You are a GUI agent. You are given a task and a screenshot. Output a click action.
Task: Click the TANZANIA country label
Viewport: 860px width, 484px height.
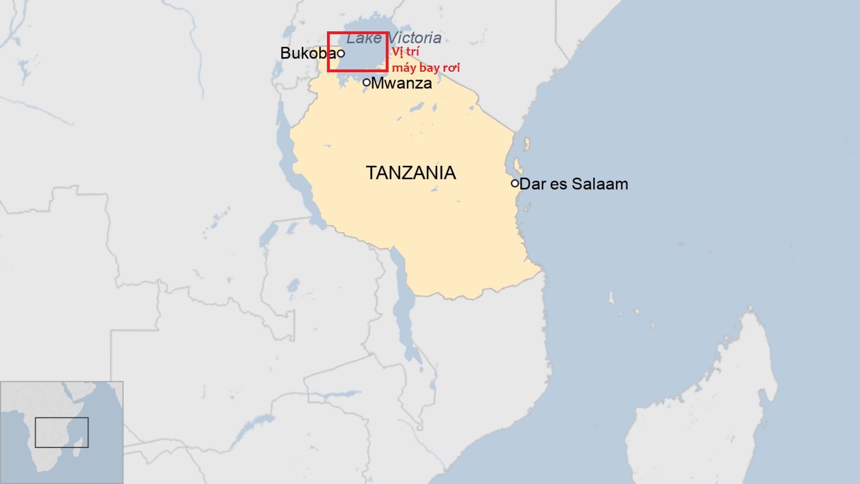pos(410,173)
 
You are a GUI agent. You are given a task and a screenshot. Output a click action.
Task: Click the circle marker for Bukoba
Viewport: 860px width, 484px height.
pos(340,54)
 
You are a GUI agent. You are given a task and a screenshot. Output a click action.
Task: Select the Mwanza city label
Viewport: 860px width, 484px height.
pos(401,83)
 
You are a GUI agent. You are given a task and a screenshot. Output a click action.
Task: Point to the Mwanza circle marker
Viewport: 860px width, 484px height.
pos(367,82)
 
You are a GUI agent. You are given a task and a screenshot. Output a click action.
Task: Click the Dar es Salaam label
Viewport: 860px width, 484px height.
pos(574,184)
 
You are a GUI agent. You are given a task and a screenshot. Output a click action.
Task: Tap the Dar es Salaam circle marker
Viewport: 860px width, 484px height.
pos(515,183)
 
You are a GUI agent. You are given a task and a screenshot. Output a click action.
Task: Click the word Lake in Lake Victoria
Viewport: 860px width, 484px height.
pos(363,38)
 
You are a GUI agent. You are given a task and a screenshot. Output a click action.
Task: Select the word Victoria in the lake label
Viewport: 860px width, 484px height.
pos(415,38)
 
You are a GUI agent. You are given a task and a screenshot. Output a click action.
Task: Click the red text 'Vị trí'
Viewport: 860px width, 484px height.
pos(405,52)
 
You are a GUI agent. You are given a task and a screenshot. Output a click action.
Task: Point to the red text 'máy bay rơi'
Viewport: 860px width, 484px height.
pos(426,68)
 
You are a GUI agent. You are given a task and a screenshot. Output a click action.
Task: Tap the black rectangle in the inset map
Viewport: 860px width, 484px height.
pos(62,418)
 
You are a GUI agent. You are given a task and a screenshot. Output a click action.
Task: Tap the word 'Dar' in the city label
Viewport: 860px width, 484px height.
pos(532,184)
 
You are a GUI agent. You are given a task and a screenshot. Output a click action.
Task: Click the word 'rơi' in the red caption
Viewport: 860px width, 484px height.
pos(451,68)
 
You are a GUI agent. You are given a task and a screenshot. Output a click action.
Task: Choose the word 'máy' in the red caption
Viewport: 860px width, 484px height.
pos(404,68)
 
